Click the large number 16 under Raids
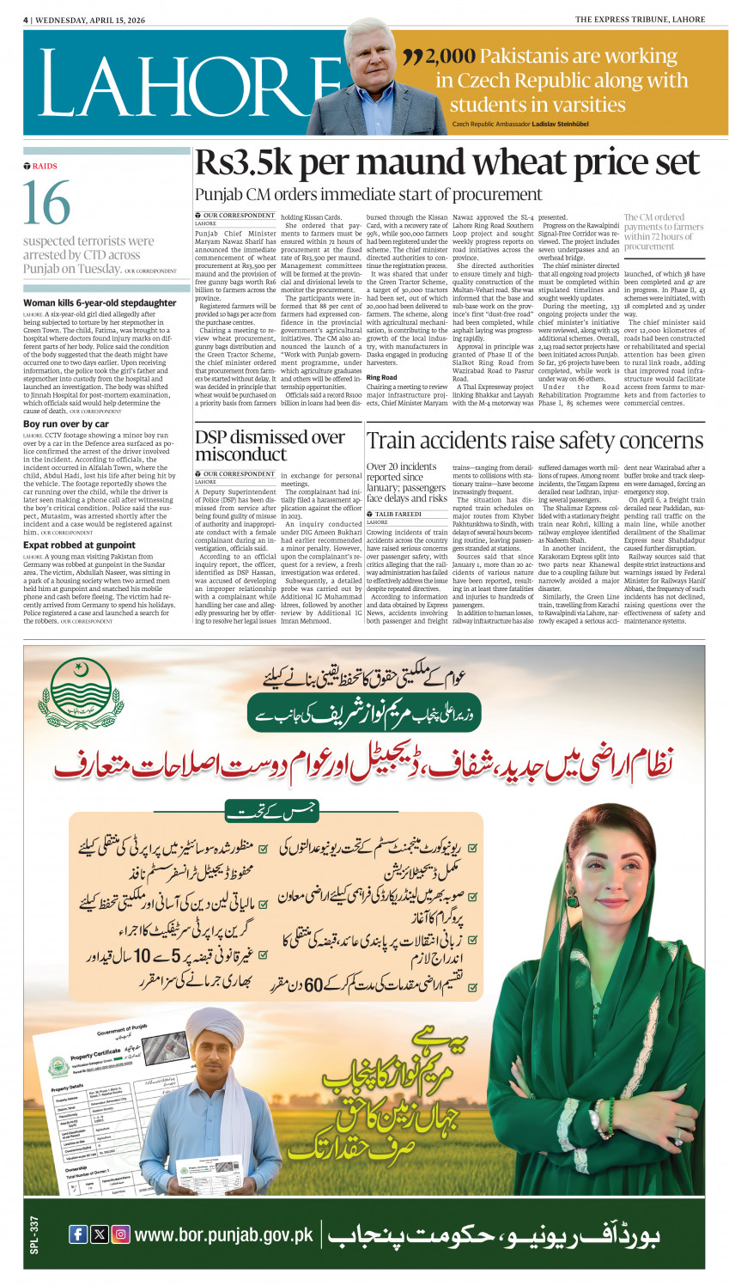[46, 204]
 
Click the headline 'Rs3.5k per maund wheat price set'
[447, 162]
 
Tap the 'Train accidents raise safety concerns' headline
[535, 441]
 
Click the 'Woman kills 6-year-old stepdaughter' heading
[100, 303]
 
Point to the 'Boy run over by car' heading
[66, 424]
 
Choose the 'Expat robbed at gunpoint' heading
[79, 545]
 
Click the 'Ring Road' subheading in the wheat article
[381, 377]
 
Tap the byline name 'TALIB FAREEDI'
[398, 514]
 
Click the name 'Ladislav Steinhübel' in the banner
[568, 125]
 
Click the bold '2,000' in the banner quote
[450, 57]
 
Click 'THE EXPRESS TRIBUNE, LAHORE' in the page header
[640, 19]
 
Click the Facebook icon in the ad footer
[77, 1234]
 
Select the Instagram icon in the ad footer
[121, 1234]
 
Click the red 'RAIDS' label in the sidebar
[44, 166]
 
